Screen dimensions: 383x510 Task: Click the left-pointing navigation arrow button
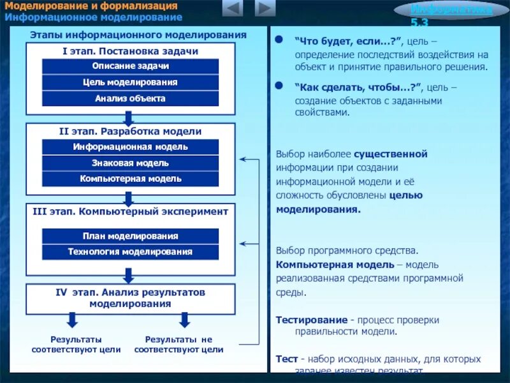pyautogui.click(x=233, y=9)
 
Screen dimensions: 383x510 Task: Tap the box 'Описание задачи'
pyautogui.click(x=130, y=66)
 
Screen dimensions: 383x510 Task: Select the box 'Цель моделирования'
pyautogui.click(x=130, y=82)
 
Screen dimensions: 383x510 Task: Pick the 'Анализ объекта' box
pyautogui.click(x=130, y=98)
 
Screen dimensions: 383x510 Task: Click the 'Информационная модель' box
pyautogui.click(x=130, y=147)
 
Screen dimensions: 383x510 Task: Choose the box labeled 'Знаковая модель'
pyautogui.click(x=130, y=163)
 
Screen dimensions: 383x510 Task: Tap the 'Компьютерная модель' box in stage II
pyautogui.click(x=130, y=179)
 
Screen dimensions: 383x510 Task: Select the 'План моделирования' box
pyautogui.click(x=130, y=236)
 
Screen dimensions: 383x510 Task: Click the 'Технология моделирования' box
pyautogui.click(x=130, y=252)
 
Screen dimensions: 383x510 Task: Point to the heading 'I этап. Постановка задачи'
pyautogui.click(x=130, y=51)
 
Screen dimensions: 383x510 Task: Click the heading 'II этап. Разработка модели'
pyautogui.click(x=130, y=131)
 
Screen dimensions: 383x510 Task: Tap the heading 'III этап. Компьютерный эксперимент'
pyautogui.click(x=130, y=211)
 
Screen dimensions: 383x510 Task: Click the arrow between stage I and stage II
pyautogui.click(x=128, y=119)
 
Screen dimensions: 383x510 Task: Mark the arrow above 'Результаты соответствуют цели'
pyautogui.click(x=72, y=320)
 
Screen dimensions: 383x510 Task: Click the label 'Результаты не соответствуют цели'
pyautogui.click(x=178, y=345)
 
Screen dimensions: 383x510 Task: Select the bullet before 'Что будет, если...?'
pyautogui.click(x=278, y=40)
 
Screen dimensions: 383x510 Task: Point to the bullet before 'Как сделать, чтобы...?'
pyautogui.click(x=278, y=85)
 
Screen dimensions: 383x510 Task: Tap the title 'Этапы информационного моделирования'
pyautogui.click(x=138, y=34)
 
